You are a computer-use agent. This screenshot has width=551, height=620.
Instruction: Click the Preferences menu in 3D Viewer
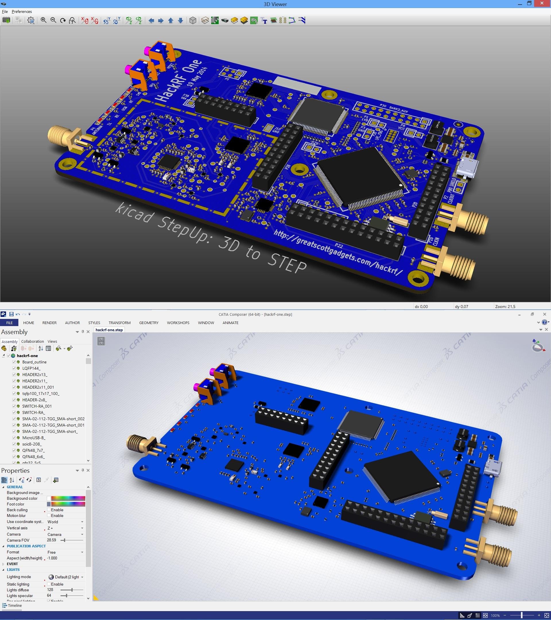pos(22,11)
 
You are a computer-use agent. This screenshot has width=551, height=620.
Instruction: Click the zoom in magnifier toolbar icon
pos(43,20)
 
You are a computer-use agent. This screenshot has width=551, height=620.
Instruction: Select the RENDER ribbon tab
pos(49,323)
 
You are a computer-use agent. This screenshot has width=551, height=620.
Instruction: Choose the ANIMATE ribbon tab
pos(230,323)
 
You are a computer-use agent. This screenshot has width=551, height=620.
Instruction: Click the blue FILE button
pos(9,323)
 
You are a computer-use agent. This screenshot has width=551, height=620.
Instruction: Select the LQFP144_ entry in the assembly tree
pos(31,368)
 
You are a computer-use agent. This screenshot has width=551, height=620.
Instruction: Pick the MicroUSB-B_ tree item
pos(34,438)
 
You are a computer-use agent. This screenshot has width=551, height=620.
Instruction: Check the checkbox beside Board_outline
pos(14,362)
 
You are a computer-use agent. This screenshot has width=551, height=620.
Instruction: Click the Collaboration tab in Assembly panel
pos(32,341)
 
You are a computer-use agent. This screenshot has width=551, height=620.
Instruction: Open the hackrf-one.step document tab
pos(109,330)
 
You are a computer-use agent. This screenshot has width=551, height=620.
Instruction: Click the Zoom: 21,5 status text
pos(505,306)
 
